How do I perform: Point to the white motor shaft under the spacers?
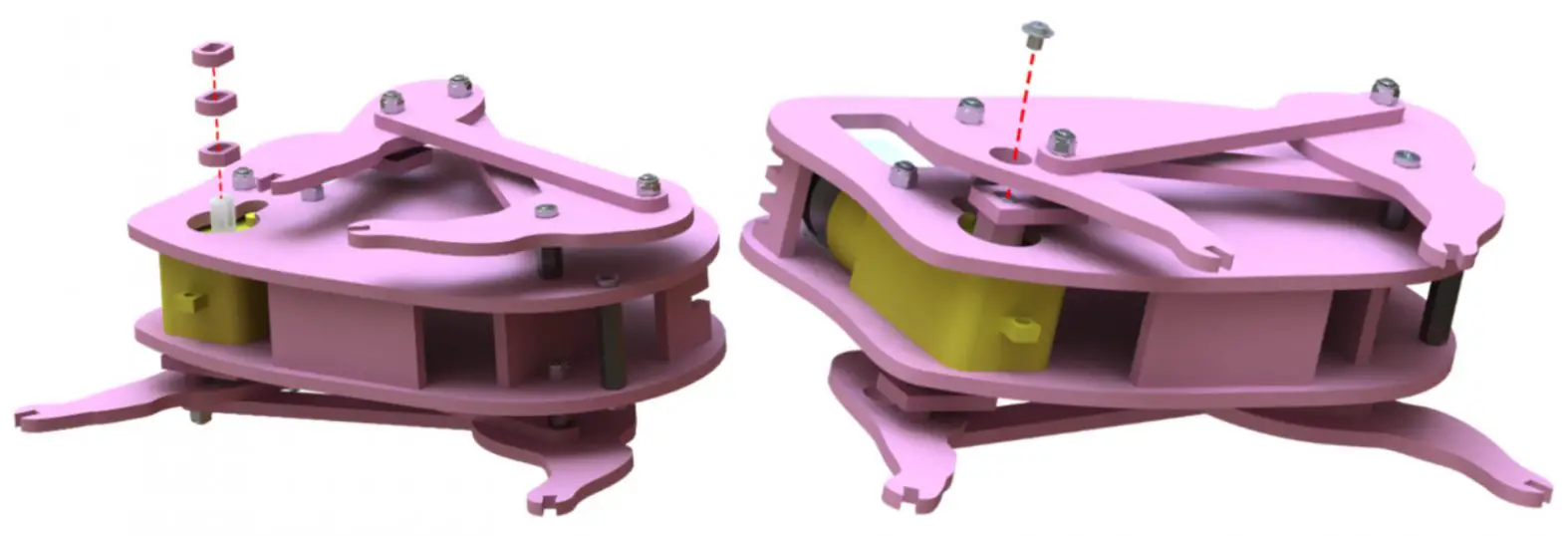click(222, 212)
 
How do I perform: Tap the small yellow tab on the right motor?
click(1017, 327)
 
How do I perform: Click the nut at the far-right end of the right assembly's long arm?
click(1383, 92)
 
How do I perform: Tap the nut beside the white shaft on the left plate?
click(243, 178)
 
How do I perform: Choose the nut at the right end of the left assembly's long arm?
click(648, 185)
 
